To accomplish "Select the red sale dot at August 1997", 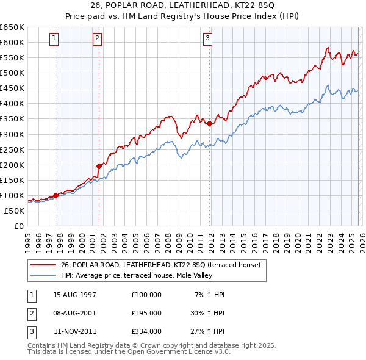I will coord(56,195).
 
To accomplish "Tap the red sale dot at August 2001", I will coord(99,165).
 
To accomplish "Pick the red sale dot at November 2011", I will coord(209,123).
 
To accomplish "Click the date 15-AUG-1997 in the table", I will coord(74,295).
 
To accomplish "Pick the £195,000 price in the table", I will coord(146,313).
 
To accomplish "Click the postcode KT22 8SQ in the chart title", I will coord(245,7).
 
